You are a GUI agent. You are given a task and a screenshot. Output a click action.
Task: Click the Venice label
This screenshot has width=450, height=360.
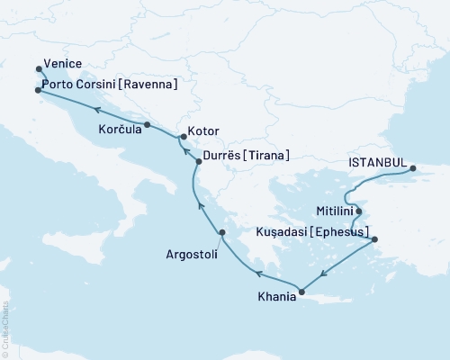64,66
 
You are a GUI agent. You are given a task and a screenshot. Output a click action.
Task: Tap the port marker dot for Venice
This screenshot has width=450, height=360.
38,68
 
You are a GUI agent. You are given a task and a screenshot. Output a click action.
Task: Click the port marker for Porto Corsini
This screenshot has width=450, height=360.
38,90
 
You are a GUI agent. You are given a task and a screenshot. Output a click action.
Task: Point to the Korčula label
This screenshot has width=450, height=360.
118,130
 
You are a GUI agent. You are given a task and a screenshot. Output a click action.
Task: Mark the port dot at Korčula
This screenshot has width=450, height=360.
147,124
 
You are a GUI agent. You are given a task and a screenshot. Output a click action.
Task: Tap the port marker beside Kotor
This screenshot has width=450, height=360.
183,138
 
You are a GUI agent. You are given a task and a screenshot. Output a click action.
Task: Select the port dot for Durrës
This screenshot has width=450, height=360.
199,161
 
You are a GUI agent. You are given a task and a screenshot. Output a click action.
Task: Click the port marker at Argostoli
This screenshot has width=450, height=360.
222,234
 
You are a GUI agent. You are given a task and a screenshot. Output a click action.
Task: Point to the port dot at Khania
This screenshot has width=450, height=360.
302,291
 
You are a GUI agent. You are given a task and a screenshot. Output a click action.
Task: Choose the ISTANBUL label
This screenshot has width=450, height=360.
376,163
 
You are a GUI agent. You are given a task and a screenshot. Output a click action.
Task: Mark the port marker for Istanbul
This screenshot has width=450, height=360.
412,168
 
